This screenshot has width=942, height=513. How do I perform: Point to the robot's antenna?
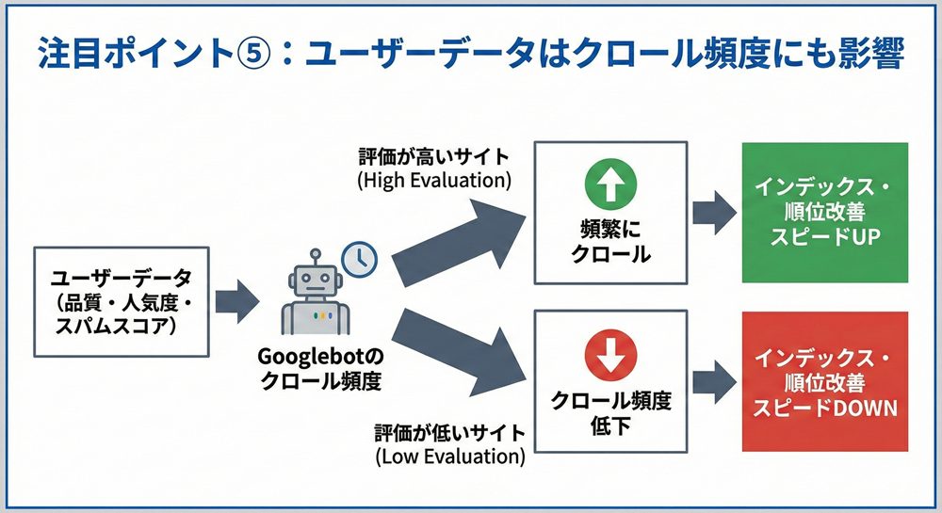tap(317, 256)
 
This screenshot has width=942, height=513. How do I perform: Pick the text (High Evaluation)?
tap(434, 179)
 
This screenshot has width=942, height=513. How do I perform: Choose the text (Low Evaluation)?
tap(449, 457)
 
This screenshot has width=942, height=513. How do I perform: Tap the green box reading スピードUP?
tap(824, 213)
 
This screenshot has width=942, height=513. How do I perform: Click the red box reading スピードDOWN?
tap(824, 384)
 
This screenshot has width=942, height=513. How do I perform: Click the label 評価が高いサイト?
tap(434, 156)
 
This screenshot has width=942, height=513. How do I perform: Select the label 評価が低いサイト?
tap(449, 435)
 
